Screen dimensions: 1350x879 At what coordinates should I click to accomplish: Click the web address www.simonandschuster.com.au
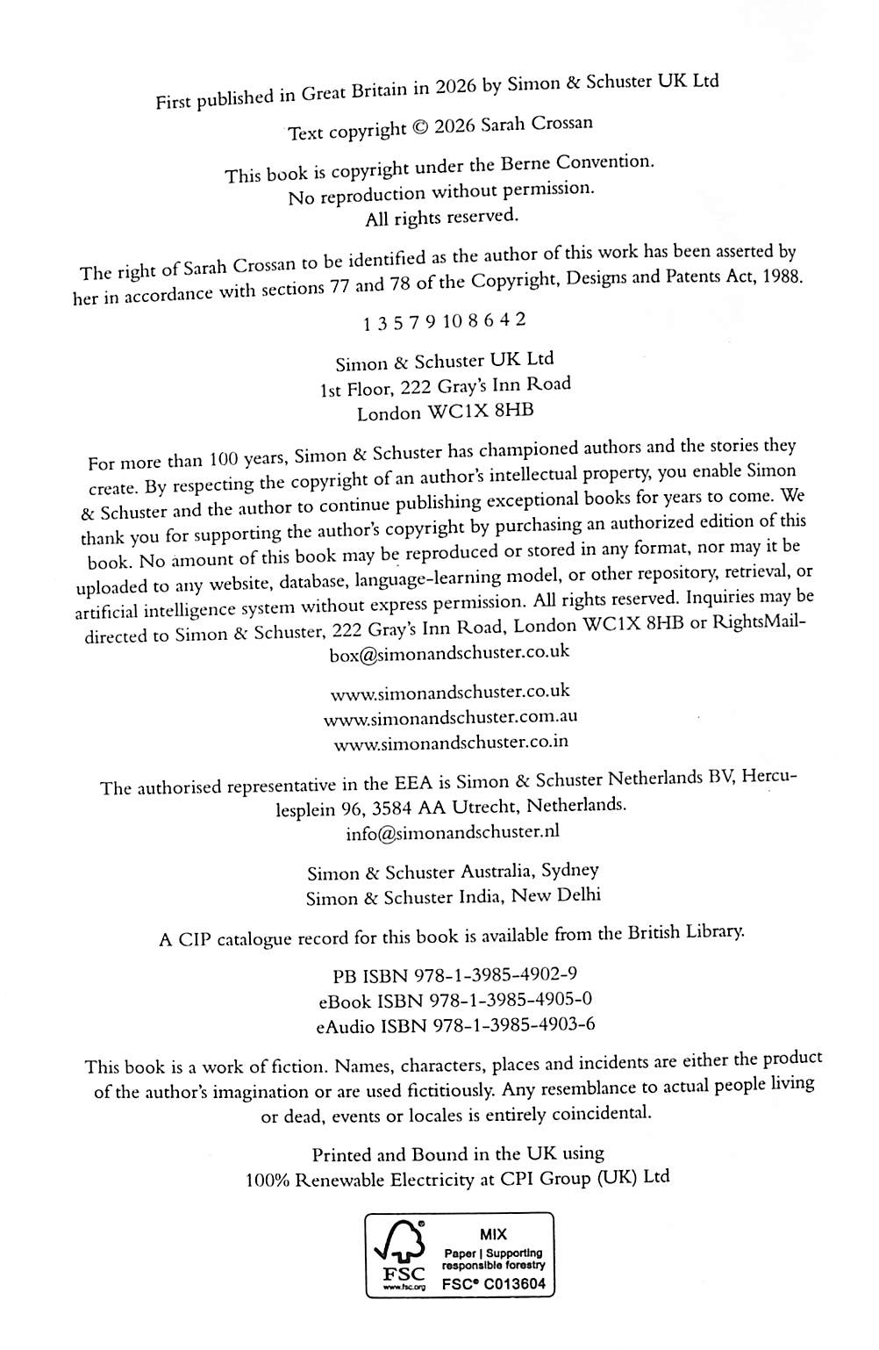tap(451, 718)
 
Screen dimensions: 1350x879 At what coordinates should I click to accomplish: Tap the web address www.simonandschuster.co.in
tap(451, 743)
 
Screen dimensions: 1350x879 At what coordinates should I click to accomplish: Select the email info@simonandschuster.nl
tap(452, 831)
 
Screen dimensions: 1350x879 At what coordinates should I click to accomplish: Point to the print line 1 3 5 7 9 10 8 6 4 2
tap(445, 321)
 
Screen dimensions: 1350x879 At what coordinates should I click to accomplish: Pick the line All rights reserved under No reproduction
tap(441, 217)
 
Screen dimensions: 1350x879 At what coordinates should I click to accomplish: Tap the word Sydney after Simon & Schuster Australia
tap(570, 871)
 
